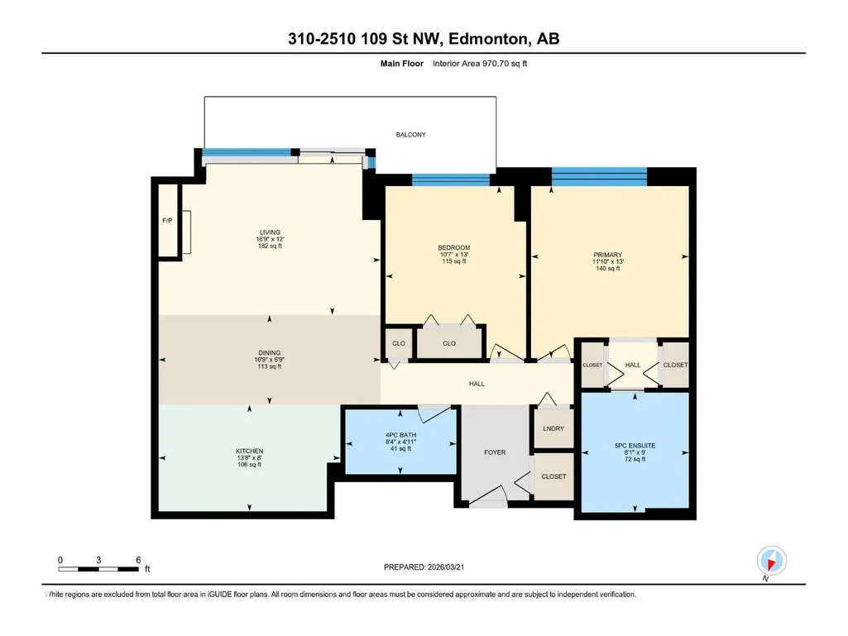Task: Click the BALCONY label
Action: click(410, 135)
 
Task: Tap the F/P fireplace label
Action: click(167, 221)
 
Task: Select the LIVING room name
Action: click(270, 232)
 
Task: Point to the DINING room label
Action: click(270, 353)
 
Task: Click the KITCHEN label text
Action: click(249, 451)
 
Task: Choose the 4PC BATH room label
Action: click(400, 435)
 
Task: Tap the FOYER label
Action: click(495, 452)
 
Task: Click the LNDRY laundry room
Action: click(553, 428)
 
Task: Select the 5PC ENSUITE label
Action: click(635, 446)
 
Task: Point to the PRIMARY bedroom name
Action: click(608, 255)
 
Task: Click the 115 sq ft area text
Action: click(453, 261)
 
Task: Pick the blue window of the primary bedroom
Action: click(599, 177)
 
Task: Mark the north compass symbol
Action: click(772, 561)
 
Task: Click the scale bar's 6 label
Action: click(138, 560)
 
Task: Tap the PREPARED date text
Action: click(424, 567)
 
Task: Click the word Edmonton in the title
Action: click(488, 39)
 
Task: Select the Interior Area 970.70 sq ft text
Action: click(480, 64)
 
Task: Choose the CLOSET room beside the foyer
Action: click(553, 476)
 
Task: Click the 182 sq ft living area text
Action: click(270, 246)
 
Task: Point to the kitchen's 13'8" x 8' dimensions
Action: click(249, 457)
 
